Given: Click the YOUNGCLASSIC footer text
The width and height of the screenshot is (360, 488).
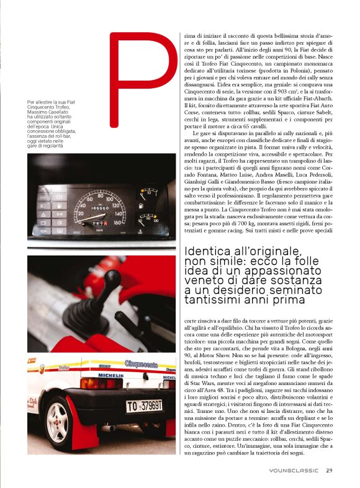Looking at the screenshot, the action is coord(294,471).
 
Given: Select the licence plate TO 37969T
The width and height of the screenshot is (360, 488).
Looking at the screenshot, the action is coord(145,406).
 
